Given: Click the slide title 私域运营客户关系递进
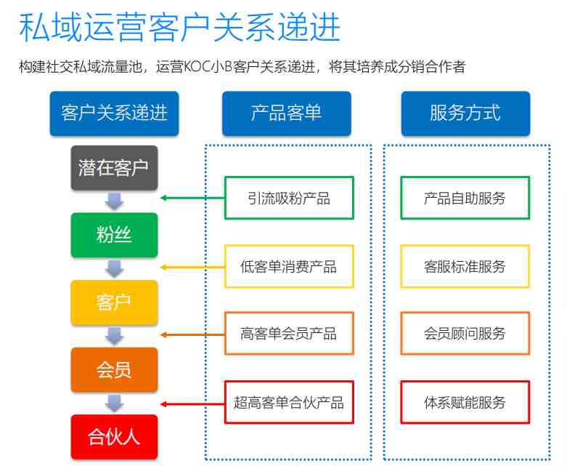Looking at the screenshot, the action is (x=180, y=27).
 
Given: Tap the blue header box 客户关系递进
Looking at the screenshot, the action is (x=114, y=113).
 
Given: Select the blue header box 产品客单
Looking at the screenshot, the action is (x=286, y=113).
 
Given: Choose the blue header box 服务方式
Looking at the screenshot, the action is (x=465, y=113).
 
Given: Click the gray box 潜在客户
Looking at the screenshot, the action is (x=114, y=168).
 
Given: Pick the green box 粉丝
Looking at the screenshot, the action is (x=114, y=235).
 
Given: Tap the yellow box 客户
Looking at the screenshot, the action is (x=114, y=302).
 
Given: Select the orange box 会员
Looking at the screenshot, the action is (x=114, y=370).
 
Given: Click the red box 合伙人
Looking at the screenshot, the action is (x=114, y=437).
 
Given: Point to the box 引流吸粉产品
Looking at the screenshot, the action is (x=289, y=198).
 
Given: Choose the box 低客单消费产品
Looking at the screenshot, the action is (x=289, y=267).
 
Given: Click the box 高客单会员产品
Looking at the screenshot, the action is (x=289, y=334).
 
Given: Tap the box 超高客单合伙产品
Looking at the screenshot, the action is (x=289, y=402).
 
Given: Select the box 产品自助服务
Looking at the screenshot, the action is (x=465, y=198).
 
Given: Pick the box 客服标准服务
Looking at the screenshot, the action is (x=465, y=267).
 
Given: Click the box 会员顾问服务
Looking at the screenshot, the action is (x=465, y=334).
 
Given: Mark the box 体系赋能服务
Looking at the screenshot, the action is (x=465, y=402).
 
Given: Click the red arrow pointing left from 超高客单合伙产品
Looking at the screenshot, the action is (x=192, y=404).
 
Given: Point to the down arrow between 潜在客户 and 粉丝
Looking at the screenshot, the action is (x=114, y=201).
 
